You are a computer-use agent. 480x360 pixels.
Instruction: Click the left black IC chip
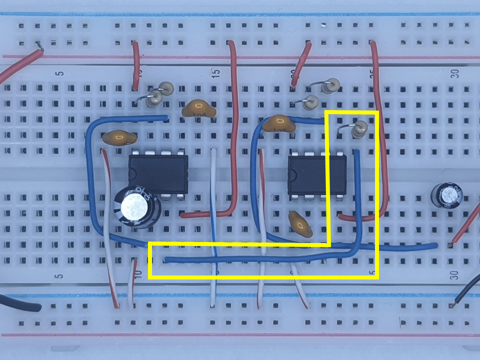coord(158,173)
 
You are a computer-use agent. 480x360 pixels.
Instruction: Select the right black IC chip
coord(317,173)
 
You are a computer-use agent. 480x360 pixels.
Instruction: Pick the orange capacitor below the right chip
coord(300,224)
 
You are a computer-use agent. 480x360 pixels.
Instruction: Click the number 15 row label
coord(216,73)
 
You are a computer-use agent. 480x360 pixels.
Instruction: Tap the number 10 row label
coord(138,273)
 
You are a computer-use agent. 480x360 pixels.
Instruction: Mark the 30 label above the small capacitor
coord(454,73)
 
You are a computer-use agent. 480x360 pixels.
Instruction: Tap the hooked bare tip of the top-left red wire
coord(39,48)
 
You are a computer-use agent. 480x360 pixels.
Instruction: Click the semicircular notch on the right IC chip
coord(291,173)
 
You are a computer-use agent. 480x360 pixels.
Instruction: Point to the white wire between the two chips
coord(214,225)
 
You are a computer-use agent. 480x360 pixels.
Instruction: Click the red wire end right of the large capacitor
coord(183,215)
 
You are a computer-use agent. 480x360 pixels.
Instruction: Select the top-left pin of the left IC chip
coord(135,152)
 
